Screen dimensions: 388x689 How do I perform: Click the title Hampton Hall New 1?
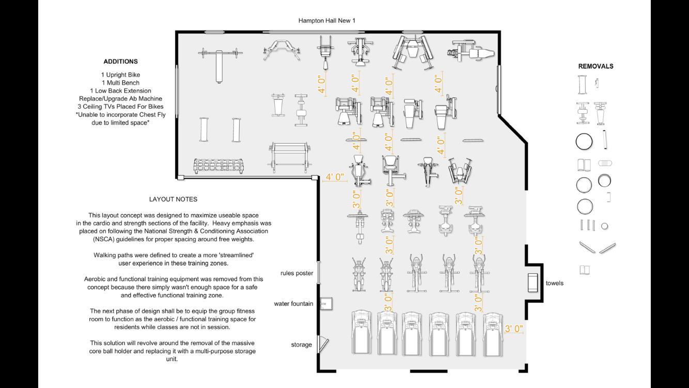327,21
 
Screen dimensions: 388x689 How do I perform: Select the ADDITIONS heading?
120,62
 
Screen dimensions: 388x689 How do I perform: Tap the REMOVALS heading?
596,66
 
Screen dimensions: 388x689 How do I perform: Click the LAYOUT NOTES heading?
173,199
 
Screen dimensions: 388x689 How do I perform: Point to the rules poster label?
296,273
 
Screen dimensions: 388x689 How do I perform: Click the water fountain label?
293,304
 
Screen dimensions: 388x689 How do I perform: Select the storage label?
301,345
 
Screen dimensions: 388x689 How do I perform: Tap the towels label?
554,283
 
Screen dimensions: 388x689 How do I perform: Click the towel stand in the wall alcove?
533,283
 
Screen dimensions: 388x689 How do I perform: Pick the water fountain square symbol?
325,304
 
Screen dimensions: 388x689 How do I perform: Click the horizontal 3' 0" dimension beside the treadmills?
514,329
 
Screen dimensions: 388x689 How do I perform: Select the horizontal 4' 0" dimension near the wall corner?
334,177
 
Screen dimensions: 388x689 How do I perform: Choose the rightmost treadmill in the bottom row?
493,334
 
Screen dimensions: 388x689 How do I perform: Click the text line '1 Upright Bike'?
120,75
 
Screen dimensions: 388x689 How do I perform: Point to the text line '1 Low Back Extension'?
120,91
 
